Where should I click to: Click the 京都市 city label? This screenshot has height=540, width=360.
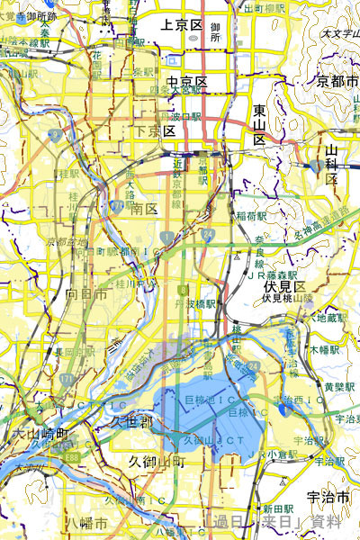pos(338,82)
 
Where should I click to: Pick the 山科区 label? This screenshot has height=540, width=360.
pos(332,162)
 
